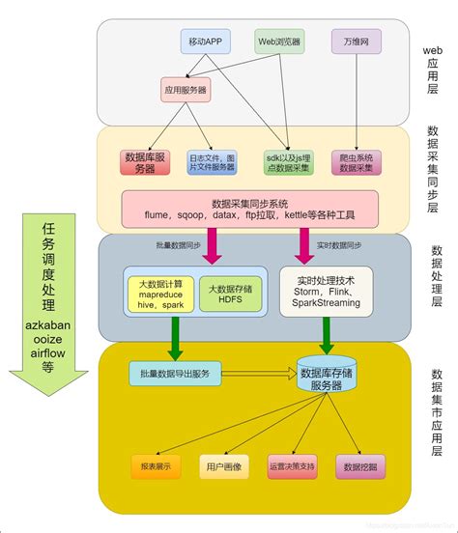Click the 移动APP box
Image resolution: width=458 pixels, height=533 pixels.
207,42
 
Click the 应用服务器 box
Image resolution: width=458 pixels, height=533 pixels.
185,90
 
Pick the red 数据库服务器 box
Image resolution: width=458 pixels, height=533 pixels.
145,161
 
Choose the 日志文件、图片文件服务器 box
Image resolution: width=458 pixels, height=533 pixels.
212,161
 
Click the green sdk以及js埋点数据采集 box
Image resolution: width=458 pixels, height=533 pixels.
287,161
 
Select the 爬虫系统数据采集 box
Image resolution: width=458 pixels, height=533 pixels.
357,161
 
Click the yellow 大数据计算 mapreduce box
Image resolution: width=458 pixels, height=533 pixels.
160,290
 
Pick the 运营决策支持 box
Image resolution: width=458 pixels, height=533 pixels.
290,466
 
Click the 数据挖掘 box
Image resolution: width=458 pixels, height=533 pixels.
358,466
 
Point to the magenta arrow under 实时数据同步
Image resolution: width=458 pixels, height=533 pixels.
304,245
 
